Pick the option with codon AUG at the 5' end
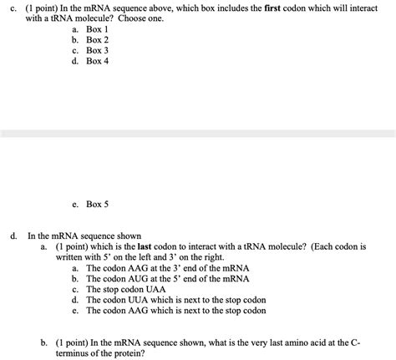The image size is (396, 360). tap(167, 279)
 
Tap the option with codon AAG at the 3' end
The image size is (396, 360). tap(167, 268)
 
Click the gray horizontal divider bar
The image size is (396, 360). tap(198, 134)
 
